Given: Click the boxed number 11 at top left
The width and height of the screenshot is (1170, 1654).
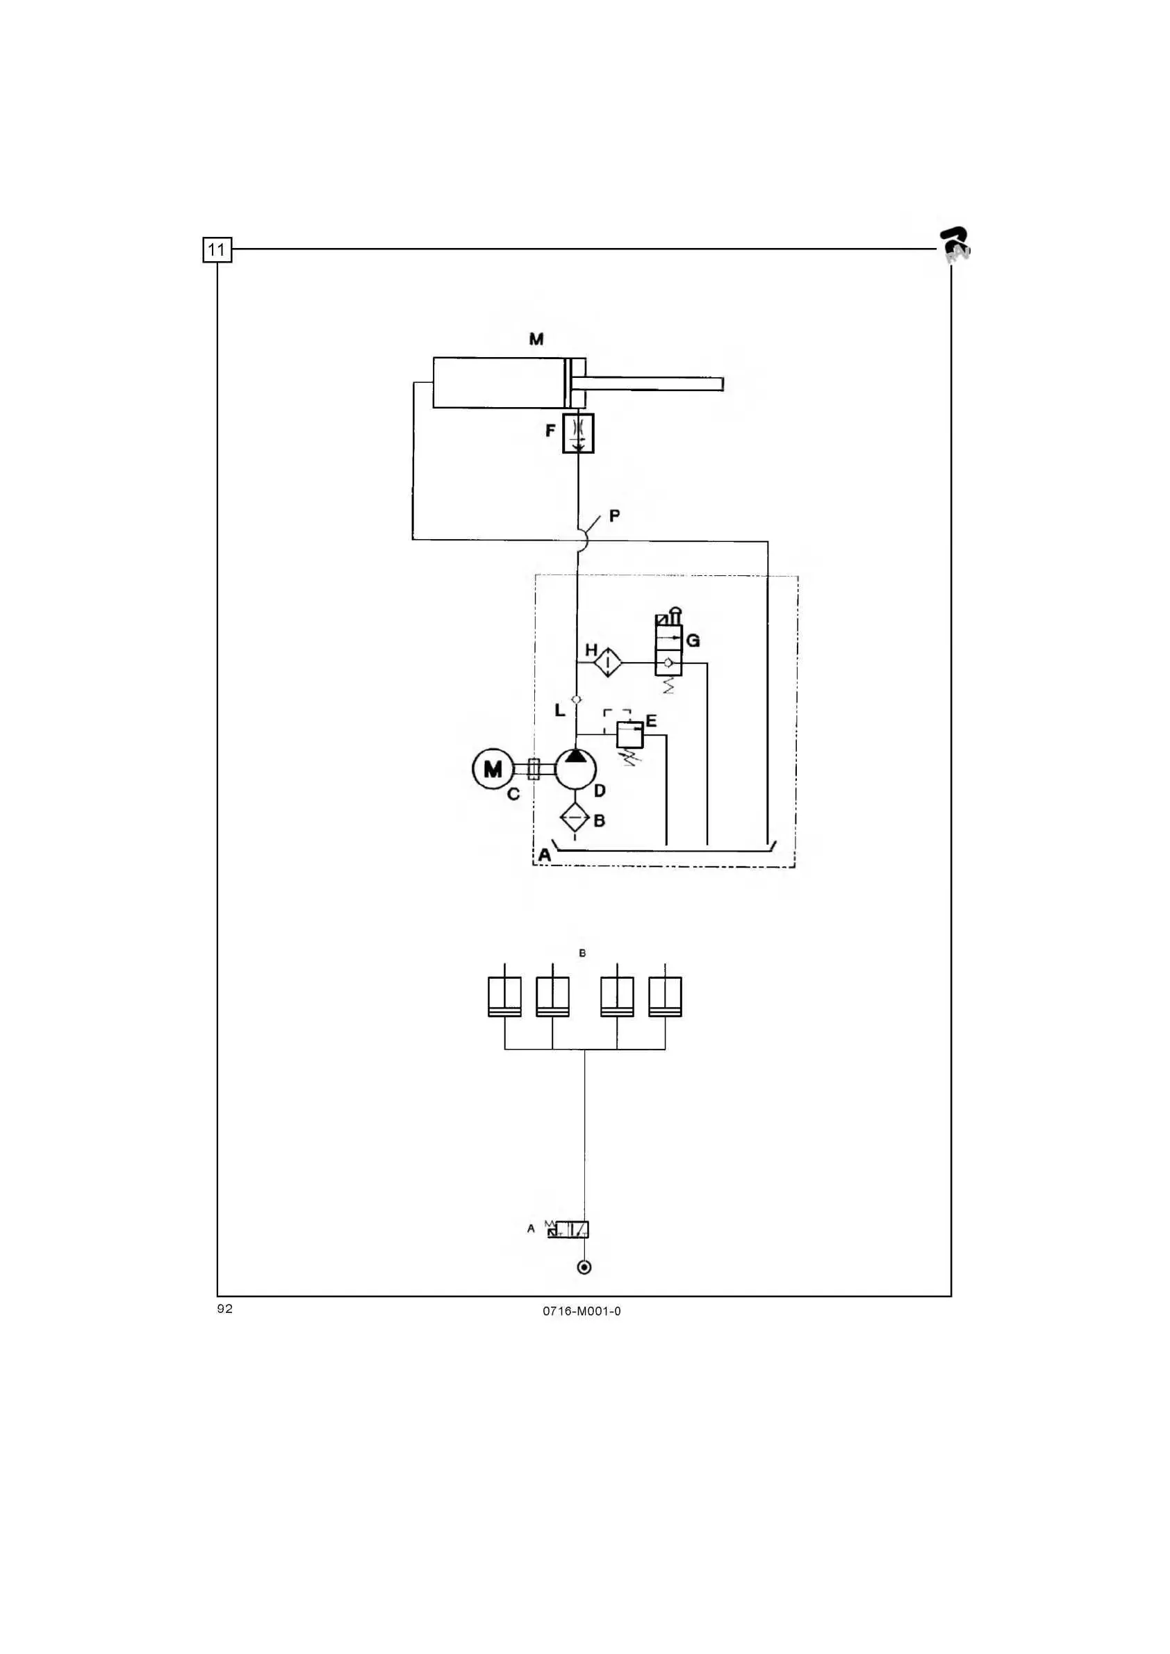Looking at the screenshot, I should coord(217,250).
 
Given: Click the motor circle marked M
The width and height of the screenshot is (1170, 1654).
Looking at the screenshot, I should coord(492,770).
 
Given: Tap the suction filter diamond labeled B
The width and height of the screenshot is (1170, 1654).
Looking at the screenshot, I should coord(575,818).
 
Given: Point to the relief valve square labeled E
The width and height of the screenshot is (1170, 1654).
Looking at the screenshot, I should coord(629,735).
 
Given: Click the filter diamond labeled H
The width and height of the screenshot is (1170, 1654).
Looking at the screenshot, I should coord(607,662).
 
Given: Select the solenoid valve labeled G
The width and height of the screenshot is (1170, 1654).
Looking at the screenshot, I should coord(668,650).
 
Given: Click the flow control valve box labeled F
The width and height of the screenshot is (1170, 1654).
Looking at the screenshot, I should coord(578,433).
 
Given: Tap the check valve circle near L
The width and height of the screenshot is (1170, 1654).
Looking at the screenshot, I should coord(577,699).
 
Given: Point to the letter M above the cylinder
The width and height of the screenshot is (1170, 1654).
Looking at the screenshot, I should coord(536,339).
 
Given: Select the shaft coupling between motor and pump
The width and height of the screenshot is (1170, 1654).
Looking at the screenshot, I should coord(534,769).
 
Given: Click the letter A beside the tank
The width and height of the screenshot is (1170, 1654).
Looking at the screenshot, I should coord(545,855).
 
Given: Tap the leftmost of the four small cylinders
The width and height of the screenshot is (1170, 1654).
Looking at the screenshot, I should coord(504,996).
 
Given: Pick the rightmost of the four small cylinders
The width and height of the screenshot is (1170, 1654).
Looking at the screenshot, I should coord(665,996).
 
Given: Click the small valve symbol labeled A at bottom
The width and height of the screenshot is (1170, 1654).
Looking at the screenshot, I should coord(568,1229).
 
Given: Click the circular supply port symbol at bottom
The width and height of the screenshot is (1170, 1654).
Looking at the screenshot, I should coord(584,1267).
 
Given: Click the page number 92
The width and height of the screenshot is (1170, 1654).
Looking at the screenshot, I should coord(225,1309).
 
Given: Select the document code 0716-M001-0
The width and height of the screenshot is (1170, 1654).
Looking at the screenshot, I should coord(582,1311).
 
